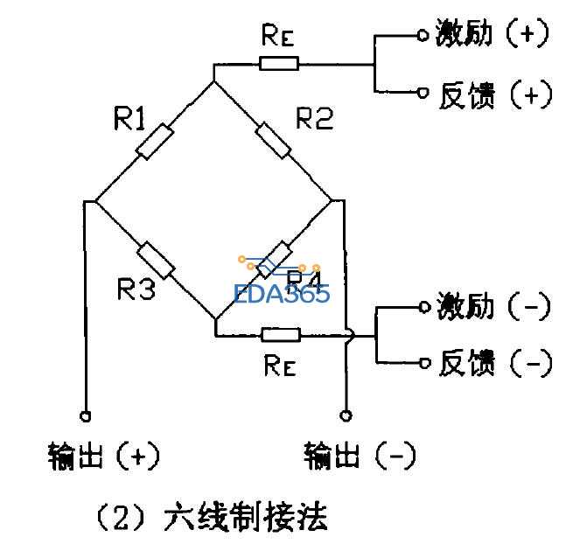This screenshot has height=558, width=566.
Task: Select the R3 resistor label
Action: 138,289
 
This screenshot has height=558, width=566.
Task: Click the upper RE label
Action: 277,37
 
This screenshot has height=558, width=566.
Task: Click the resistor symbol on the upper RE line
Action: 279,63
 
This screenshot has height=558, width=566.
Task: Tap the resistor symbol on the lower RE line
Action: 280,334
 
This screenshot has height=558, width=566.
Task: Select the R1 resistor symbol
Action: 155,141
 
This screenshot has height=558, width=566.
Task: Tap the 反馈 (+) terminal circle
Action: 423,92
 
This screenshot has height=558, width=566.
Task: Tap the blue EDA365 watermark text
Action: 282,292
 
